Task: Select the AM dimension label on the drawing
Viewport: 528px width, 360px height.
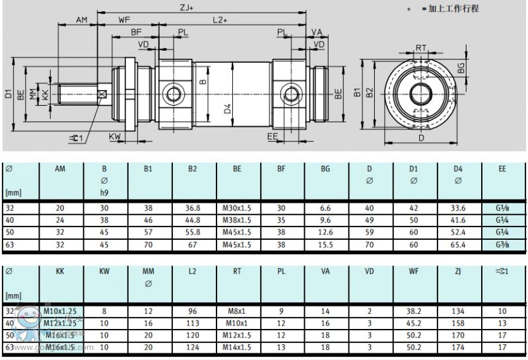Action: pyautogui.click(x=81, y=20)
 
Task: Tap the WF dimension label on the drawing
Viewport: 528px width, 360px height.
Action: pyautogui.click(x=124, y=20)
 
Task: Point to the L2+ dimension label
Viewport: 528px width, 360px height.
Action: pyautogui.click(x=220, y=20)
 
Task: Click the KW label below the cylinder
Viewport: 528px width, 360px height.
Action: pyautogui.click(x=115, y=137)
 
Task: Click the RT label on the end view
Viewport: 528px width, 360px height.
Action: pyautogui.click(x=420, y=47)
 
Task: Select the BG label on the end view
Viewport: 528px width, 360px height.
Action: pyautogui.click(x=461, y=67)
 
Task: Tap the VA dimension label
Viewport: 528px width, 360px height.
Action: pyautogui.click(x=317, y=32)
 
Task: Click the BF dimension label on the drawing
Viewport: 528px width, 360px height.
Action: pyautogui.click(x=136, y=32)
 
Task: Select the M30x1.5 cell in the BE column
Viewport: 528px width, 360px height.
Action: pyautogui.click(x=237, y=208)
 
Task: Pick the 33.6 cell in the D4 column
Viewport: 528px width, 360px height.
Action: pyautogui.click(x=458, y=208)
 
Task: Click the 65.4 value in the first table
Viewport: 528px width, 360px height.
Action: pyautogui.click(x=458, y=244)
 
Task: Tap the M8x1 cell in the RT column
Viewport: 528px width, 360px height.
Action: pyautogui.click(x=237, y=311)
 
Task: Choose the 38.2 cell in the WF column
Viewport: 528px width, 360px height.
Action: pyautogui.click(x=414, y=311)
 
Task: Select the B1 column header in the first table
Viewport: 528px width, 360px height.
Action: pyautogui.click(x=148, y=169)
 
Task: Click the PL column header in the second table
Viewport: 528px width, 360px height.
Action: pyautogui.click(x=281, y=271)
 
